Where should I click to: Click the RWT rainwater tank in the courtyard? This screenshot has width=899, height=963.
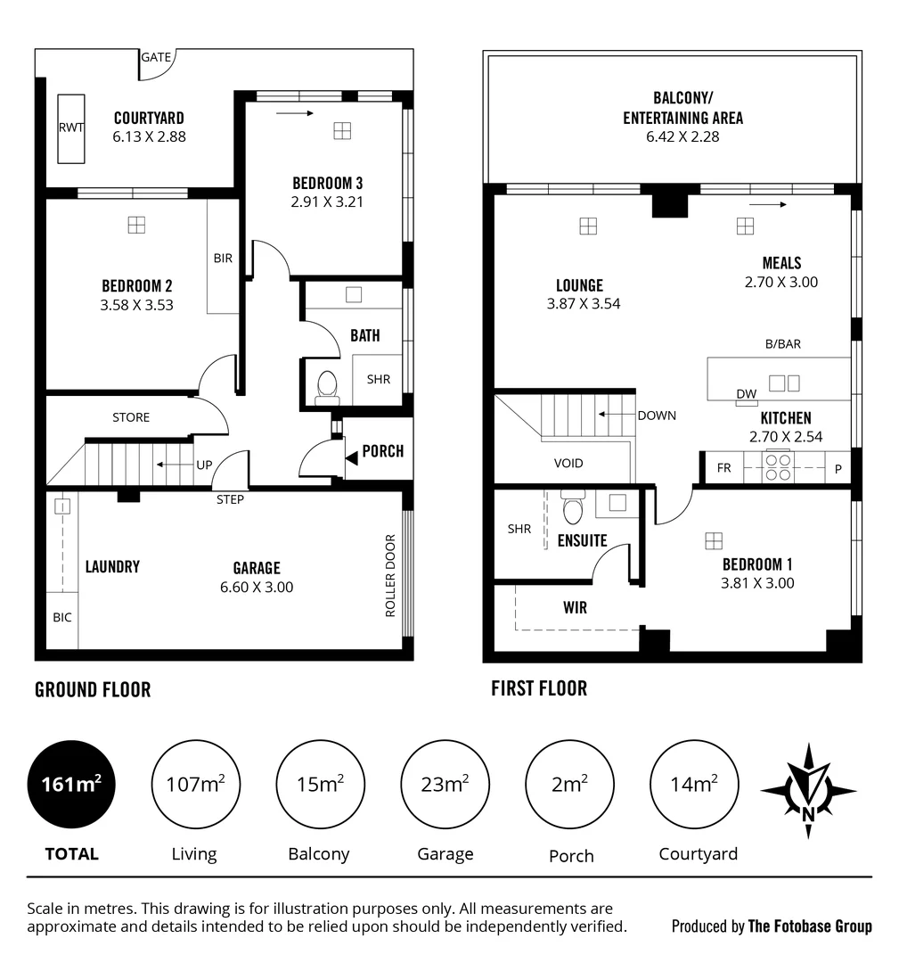(x=71, y=128)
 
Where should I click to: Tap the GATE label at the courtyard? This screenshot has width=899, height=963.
(x=155, y=57)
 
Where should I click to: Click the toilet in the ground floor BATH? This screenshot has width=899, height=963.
(x=327, y=384)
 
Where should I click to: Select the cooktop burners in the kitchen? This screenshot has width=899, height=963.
(x=778, y=467)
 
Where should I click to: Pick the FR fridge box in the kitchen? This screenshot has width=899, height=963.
(x=724, y=467)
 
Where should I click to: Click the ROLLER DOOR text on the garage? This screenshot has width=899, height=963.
(x=390, y=575)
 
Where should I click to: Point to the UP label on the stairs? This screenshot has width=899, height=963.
(x=204, y=465)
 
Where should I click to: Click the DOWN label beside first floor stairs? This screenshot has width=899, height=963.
(x=657, y=416)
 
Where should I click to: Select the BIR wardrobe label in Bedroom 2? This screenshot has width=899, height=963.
(x=223, y=259)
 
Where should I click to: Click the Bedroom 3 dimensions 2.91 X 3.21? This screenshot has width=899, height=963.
(x=328, y=202)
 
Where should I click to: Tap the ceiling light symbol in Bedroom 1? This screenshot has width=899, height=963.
(x=713, y=540)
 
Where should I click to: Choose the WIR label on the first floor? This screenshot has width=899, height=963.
(x=575, y=607)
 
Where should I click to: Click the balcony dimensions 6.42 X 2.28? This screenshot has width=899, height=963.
(x=682, y=136)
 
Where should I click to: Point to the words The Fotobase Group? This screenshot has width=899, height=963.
(x=810, y=926)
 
